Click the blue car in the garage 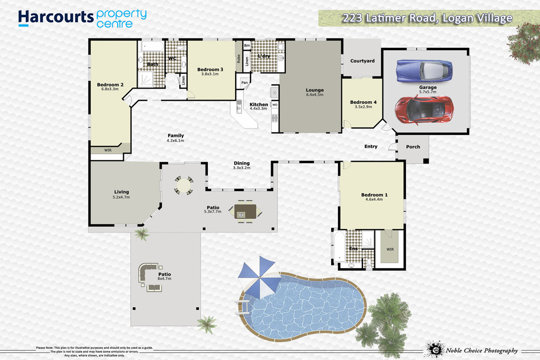(x=425, y=71)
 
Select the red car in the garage (x=423, y=110)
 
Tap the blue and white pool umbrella (x=259, y=277)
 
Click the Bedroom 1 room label (x=374, y=195)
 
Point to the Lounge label (x=315, y=90)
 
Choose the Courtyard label (x=362, y=61)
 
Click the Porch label (x=413, y=147)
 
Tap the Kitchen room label (x=258, y=104)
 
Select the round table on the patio (x=184, y=185)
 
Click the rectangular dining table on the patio (x=245, y=211)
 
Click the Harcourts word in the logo (x=55, y=17)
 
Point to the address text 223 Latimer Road (x=390, y=18)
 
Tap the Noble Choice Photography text (x=482, y=351)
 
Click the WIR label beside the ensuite (x=390, y=249)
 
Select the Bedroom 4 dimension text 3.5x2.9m (x=363, y=106)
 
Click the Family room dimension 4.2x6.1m (x=175, y=140)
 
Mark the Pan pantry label (x=245, y=83)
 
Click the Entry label (x=371, y=147)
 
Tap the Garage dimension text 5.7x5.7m (x=428, y=92)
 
